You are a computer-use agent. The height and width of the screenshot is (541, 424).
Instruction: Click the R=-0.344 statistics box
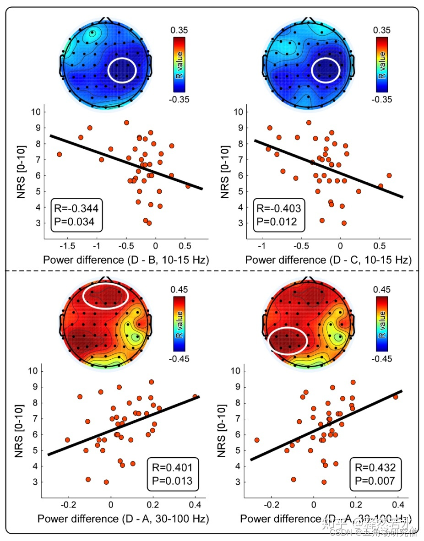coord(77,216)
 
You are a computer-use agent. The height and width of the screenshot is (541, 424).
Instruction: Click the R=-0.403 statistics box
coord(278,216)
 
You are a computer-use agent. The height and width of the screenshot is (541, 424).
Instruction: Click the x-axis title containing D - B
coord(126,260)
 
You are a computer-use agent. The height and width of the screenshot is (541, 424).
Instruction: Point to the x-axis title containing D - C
coord(328,260)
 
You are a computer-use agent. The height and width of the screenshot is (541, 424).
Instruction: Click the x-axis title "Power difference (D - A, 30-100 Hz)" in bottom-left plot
coord(123,519)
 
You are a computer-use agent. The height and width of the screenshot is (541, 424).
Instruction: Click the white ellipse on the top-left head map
coord(122,70)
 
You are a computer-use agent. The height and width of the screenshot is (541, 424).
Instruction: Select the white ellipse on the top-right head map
coord(325,70)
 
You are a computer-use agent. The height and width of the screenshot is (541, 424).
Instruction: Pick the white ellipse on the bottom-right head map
coord(287,340)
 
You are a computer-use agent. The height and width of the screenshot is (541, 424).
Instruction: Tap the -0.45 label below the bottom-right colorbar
coord(382,358)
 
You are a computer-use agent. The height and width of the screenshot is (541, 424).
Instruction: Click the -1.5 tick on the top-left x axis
coord(68,245)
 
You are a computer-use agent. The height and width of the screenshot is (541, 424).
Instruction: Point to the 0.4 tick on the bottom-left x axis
coord(195,504)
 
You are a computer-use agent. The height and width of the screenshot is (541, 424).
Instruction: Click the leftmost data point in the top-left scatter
coord(59,154)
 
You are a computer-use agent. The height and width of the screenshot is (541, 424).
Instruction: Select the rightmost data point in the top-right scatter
coord(389,175)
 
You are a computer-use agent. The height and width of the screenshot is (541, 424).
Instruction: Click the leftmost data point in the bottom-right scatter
coord(257,440)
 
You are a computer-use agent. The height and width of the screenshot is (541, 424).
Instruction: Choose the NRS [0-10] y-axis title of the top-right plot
coord(225,173)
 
